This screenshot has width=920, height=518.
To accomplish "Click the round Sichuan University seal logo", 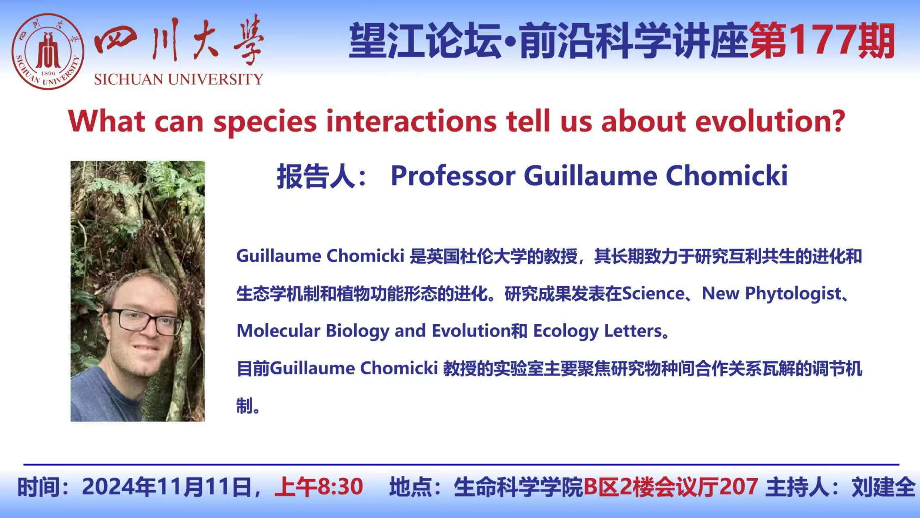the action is [x=48, y=51].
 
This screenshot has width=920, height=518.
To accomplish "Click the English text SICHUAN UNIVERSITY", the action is [x=178, y=79].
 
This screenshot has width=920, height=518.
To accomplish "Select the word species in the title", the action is [x=265, y=122].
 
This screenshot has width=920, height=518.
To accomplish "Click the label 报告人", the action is [x=316, y=176].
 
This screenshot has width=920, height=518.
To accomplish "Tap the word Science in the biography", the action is [x=653, y=293].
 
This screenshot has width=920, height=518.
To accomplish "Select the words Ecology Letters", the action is [x=597, y=331].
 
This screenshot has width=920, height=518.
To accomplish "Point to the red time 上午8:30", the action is [x=319, y=487].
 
